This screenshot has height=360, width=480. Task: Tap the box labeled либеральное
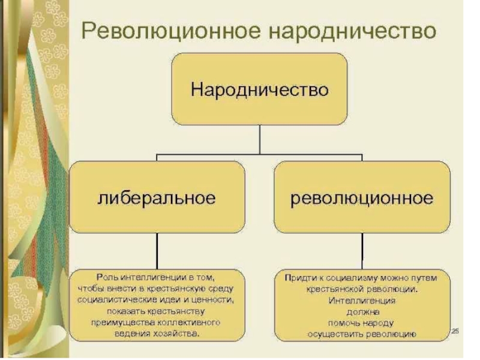[157, 197]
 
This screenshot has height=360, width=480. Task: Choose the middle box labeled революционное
[362, 197]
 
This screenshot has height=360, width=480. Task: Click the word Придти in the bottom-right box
[296, 278]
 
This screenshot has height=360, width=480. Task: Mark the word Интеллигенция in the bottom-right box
[362, 300]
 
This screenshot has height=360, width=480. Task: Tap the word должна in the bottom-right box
[362, 311]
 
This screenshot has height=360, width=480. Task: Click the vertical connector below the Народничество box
[259, 139]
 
